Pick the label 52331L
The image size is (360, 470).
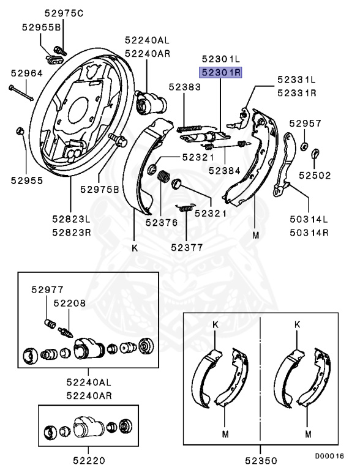296,80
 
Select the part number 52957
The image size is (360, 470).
306,123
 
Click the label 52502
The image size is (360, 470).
315,175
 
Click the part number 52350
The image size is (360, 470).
260,460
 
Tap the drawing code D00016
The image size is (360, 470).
330,455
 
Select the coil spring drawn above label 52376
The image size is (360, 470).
163,178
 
